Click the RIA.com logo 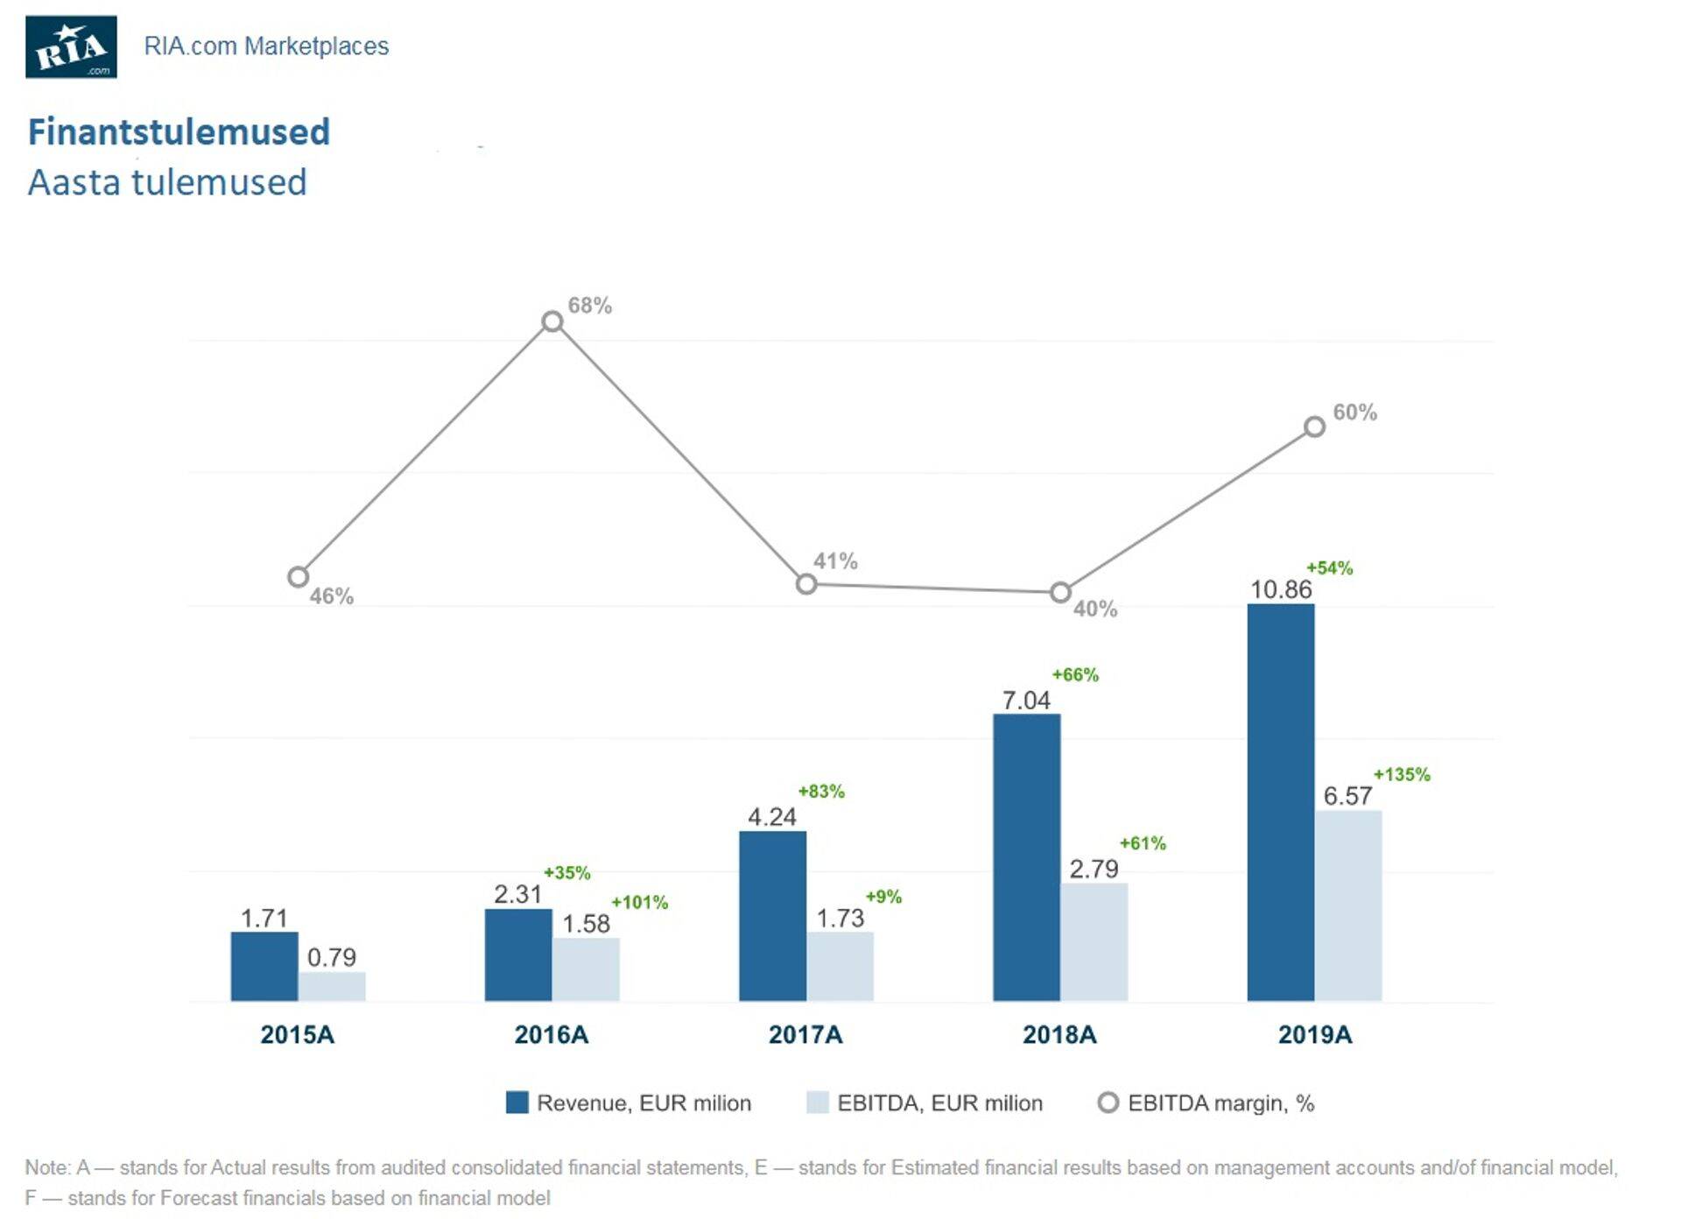pyautogui.click(x=71, y=47)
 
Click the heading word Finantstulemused pyautogui.click(x=179, y=132)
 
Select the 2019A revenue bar pyautogui.click(x=1280, y=802)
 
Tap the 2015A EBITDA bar pyautogui.click(x=332, y=986)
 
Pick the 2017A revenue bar pyautogui.click(x=772, y=915)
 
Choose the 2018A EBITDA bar pyautogui.click(x=1094, y=941)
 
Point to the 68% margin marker pyautogui.click(x=552, y=321)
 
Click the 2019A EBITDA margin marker pyautogui.click(x=1314, y=426)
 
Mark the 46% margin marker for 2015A pyautogui.click(x=298, y=577)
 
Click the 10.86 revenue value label pyautogui.click(x=1280, y=589)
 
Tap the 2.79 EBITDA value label pyautogui.click(x=1094, y=869)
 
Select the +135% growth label pyautogui.click(x=1401, y=774)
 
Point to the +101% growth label pyautogui.click(x=639, y=902)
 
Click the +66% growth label pyautogui.click(x=1074, y=674)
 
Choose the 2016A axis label pyautogui.click(x=551, y=1034)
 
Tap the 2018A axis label pyautogui.click(x=1059, y=1034)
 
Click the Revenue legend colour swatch pyautogui.click(x=517, y=1103)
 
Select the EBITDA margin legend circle pyautogui.click(x=1108, y=1103)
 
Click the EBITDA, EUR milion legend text pyautogui.click(x=939, y=1103)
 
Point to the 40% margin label pyautogui.click(x=1094, y=609)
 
